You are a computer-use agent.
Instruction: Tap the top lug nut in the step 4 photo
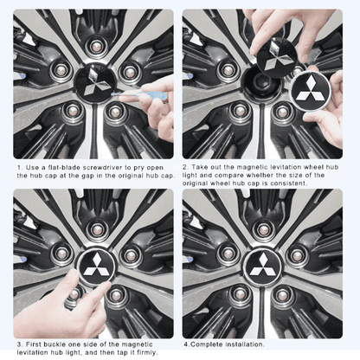[265, 222]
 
